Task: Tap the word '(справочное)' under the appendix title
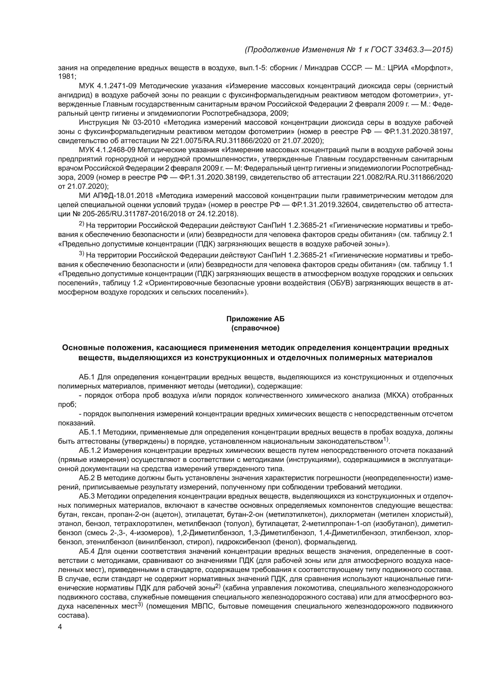(255, 328)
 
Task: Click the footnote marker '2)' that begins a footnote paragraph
(82, 224)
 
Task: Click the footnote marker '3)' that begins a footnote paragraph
(82, 254)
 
